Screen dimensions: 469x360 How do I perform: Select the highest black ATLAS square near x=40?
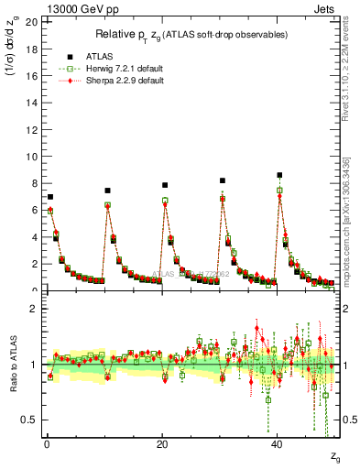(279, 175)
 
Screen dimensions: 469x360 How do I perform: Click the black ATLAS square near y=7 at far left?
(50, 197)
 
